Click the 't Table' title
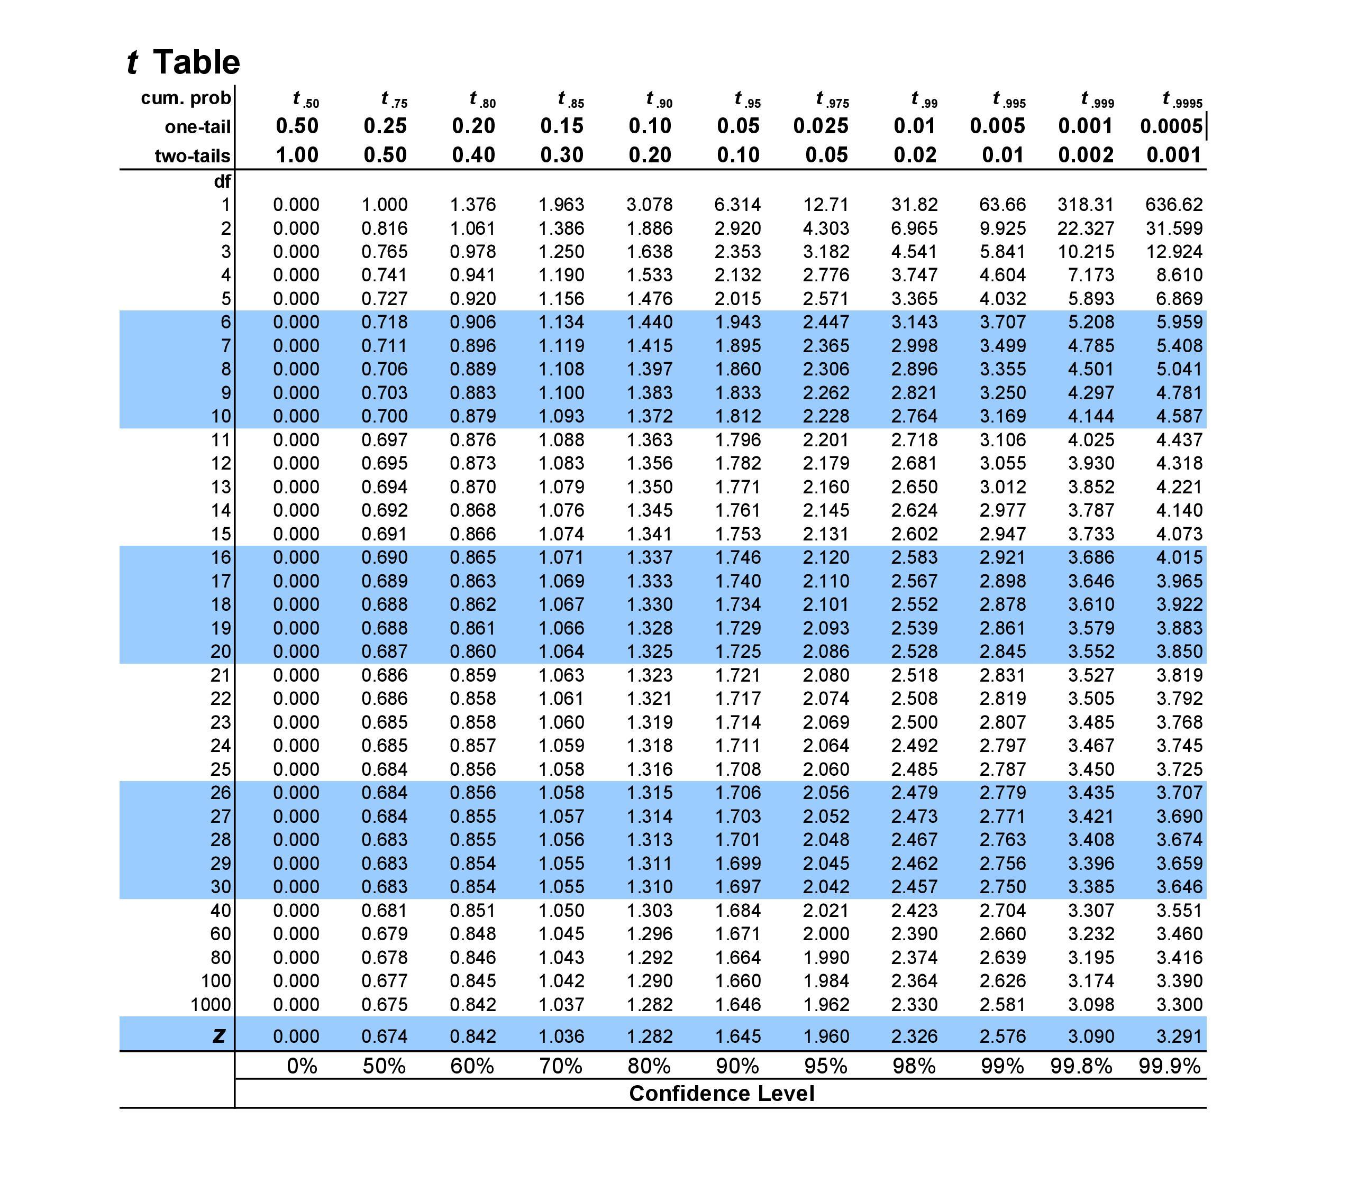click(x=183, y=63)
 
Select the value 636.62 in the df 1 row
click(x=1173, y=205)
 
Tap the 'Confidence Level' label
click(x=722, y=1094)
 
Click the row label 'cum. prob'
click(x=186, y=98)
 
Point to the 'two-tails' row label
click(x=192, y=155)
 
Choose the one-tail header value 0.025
click(x=821, y=126)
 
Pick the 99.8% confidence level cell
click(x=1081, y=1066)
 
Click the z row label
click(x=220, y=1035)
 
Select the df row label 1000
click(x=211, y=1004)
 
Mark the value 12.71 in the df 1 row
click(x=826, y=205)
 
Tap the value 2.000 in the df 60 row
click(x=826, y=934)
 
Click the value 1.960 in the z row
click(x=826, y=1036)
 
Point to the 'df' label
click(x=222, y=181)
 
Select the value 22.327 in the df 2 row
click(x=1085, y=228)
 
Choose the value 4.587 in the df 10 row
click(x=1179, y=416)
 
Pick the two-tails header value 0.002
click(x=1085, y=155)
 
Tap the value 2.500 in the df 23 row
click(x=914, y=722)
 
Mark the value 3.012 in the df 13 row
click(x=1002, y=487)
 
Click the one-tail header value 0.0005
click(x=1171, y=126)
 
